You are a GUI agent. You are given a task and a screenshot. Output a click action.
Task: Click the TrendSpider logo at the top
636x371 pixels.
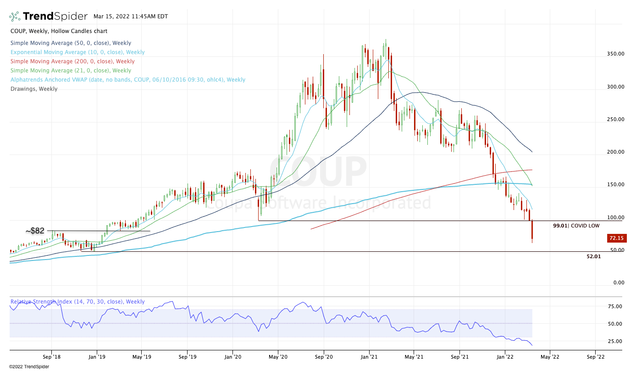click(48, 17)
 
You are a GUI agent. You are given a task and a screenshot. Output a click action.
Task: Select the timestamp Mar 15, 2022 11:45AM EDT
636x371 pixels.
click(131, 17)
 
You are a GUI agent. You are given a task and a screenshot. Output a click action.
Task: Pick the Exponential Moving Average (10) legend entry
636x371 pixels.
click(77, 52)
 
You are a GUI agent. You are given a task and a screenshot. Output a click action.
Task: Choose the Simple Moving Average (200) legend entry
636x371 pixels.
click(72, 61)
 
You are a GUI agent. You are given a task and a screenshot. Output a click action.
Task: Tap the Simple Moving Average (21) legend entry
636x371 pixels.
click(71, 71)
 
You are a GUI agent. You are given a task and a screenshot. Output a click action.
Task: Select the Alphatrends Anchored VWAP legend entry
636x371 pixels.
click(128, 80)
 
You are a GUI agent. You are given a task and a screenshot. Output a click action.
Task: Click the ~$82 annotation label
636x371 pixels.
click(35, 231)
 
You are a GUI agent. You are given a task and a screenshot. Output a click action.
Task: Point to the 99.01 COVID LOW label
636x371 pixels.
click(576, 226)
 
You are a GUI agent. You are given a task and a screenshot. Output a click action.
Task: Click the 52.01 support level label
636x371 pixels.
click(593, 257)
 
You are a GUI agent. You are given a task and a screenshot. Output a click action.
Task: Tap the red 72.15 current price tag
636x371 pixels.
click(614, 238)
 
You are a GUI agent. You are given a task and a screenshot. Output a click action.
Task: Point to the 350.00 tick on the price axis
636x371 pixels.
click(614, 54)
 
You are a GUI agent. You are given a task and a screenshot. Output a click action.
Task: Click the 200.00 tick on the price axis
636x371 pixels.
click(614, 152)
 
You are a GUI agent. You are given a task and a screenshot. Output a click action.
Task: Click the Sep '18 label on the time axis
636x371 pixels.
click(51, 356)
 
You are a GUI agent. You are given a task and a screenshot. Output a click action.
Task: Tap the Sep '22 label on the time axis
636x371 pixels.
click(595, 356)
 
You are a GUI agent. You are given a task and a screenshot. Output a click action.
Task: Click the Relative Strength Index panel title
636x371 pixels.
click(77, 302)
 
